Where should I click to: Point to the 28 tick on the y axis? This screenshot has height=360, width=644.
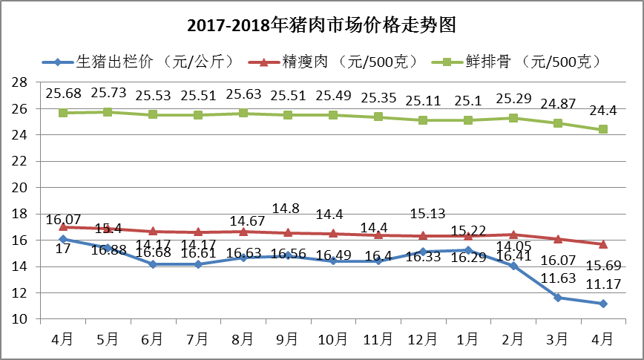tap(22, 82)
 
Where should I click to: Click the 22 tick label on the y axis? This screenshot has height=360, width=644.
tap(22, 161)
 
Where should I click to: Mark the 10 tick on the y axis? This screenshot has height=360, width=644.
tap(22, 319)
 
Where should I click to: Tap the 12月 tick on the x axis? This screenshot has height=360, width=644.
tap(423, 338)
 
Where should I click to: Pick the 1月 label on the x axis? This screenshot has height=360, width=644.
tap(468, 338)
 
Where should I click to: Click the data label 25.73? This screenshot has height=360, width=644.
tap(108, 94)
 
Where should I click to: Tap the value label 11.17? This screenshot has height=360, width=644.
tap(603, 284)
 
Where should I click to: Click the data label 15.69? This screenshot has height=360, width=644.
tap(603, 266)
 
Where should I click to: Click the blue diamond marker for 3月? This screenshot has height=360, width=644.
tap(558, 298)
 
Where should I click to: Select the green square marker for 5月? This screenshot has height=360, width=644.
tap(108, 112)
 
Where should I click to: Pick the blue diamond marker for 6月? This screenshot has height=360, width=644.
tap(153, 264)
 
